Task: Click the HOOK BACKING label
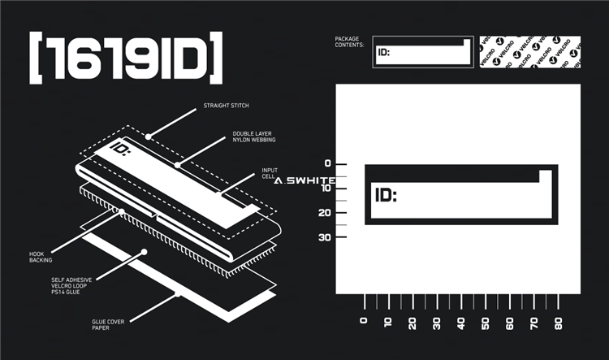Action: point(40,257)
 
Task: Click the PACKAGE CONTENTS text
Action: point(350,41)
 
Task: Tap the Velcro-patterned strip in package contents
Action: point(530,51)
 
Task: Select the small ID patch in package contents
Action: point(422,51)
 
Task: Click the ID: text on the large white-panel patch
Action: point(386,195)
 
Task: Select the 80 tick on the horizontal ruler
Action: point(558,322)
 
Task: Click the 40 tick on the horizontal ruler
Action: point(460,322)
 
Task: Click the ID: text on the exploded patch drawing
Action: point(121,150)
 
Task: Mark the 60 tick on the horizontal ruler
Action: point(509,322)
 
